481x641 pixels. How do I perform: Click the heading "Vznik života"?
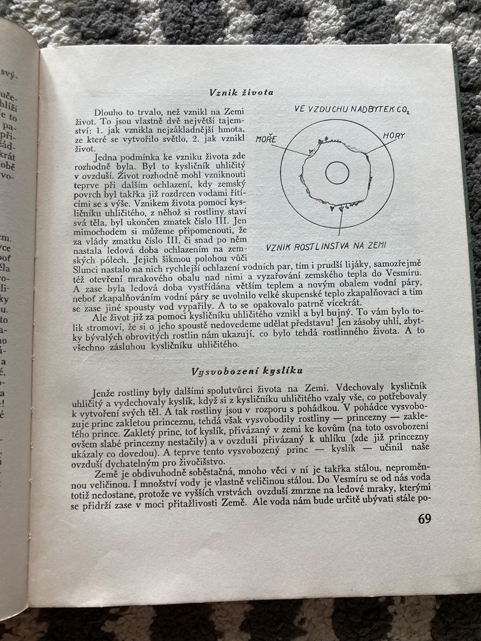(241, 93)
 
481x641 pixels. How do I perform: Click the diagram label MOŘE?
(266, 140)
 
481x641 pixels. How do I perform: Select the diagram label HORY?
(394, 136)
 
